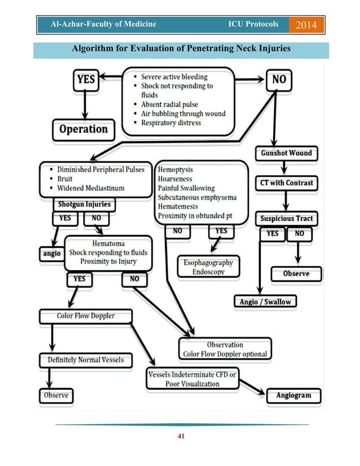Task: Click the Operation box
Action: [x=83, y=129]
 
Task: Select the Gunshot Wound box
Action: [x=286, y=153]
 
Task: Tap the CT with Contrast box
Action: [x=286, y=183]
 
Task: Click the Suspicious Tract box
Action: [x=286, y=218]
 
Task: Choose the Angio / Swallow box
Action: [x=265, y=302]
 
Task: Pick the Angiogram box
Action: [x=293, y=395]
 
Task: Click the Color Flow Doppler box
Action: [x=85, y=316]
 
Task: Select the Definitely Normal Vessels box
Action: [x=85, y=359]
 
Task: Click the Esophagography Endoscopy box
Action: [x=208, y=267]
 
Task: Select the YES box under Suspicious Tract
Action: [x=272, y=233]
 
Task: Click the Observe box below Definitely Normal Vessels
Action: [x=56, y=395]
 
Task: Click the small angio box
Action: [x=51, y=254]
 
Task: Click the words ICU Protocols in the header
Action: [x=253, y=24]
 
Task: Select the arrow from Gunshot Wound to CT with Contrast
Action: [x=286, y=168]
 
